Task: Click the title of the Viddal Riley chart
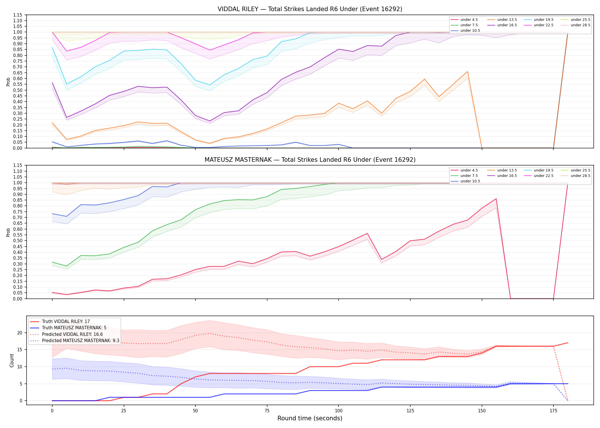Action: (310, 9)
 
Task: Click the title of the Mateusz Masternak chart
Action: (310, 160)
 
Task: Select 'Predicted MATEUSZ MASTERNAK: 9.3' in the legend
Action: (75, 341)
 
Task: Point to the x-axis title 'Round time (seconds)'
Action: (310, 418)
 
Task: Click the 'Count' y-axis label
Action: (12, 360)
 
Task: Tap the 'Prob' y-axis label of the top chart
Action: (8, 82)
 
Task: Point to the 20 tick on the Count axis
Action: (20, 333)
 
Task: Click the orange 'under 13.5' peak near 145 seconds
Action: (467, 71)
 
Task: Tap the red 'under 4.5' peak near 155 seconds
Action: (496, 199)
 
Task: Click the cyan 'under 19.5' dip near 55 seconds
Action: (210, 85)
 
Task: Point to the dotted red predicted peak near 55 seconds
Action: (210, 334)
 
